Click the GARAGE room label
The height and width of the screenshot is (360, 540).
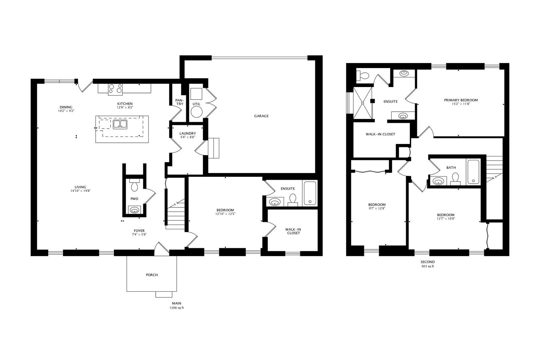click(x=261, y=116)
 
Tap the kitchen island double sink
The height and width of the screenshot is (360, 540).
click(x=120, y=124)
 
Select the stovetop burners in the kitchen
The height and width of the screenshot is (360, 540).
click(x=115, y=88)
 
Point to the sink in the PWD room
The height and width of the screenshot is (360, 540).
click(x=135, y=210)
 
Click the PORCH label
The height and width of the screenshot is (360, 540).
click(x=152, y=275)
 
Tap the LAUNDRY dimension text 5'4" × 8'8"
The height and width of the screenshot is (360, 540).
click(x=188, y=137)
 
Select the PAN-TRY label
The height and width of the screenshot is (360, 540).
click(x=180, y=102)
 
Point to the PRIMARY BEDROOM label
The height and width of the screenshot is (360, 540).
click(x=461, y=100)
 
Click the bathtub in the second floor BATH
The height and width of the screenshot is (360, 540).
click(x=473, y=172)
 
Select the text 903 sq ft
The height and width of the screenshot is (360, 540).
click(x=428, y=266)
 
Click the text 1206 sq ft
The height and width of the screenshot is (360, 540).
click(x=177, y=308)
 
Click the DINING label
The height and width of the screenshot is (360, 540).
click(x=66, y=107)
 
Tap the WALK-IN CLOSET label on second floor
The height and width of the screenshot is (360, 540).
click(x=380, y=134)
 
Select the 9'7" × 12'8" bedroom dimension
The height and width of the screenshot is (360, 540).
click(x=377, y=208)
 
